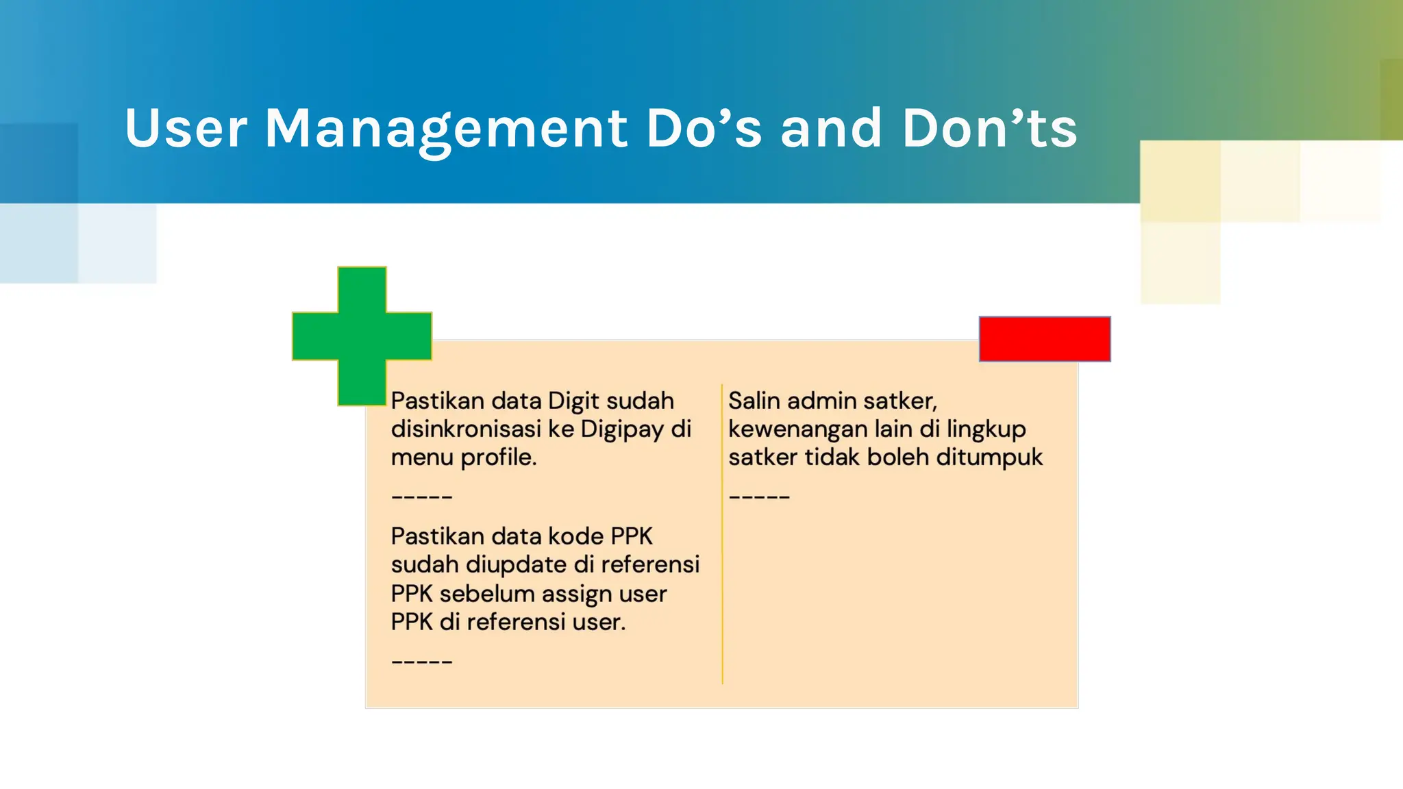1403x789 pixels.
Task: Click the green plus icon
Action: (x=362, y=336)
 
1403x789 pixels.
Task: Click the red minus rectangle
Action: (x=1044, y=339)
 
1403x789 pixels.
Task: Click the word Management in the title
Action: (x=446, y=129)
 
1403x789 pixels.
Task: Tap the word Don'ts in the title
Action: (x=989, y=129)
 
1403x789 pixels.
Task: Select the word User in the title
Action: (x=186, y=129)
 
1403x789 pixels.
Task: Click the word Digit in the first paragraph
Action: (x=573, y=401)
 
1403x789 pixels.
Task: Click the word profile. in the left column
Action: (x=498, y=458)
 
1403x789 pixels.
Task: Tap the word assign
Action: (x=576, y=594)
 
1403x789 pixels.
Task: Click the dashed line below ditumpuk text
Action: (x=759, y=497)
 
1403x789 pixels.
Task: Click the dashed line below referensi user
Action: (x=421, y=662)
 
